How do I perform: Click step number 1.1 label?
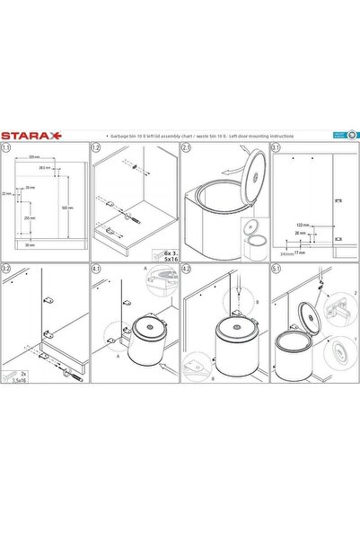[7, 147]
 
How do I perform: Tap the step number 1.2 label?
[97, 147]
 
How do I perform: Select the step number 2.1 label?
[187, 147]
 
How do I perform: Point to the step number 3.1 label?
[277, 147]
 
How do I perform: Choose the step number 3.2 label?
[7, 268]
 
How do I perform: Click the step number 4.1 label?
[97, 268]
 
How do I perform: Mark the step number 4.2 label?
[187, 268]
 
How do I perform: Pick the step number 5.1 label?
[277, 268]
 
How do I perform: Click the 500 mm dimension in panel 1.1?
[68, 208]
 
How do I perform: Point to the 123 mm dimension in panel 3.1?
[303, 224]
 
